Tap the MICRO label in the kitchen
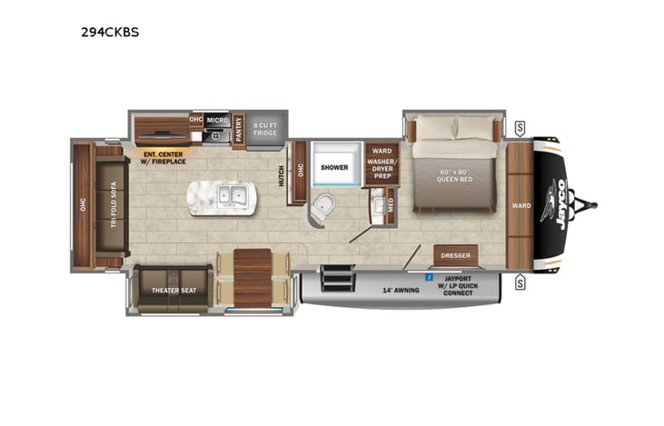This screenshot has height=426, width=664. pos(216,119)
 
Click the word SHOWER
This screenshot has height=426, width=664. pos(333,167)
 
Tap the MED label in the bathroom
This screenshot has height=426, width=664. pos(391,206)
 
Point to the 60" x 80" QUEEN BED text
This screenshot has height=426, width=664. pos(456,174)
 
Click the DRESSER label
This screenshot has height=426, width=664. pos(455,255)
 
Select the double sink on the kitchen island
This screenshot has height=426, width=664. pos(234,195)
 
